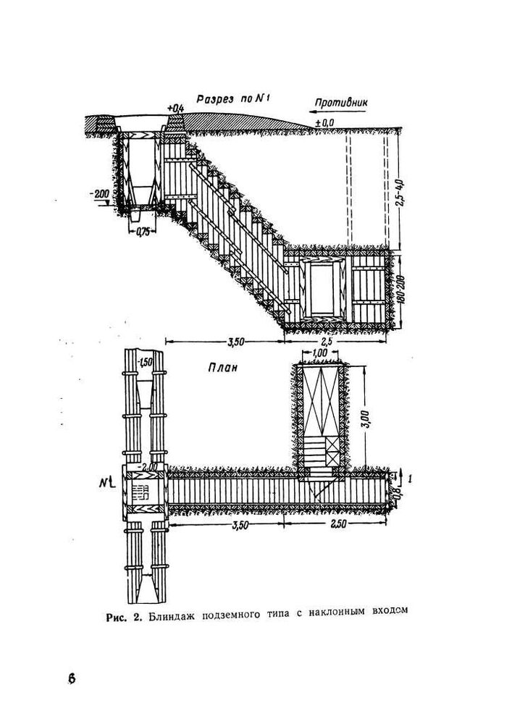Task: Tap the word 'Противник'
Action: [x=340, y=102]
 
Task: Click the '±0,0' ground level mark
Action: [x=324, y=125]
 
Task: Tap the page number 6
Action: [x=72, y=679]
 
